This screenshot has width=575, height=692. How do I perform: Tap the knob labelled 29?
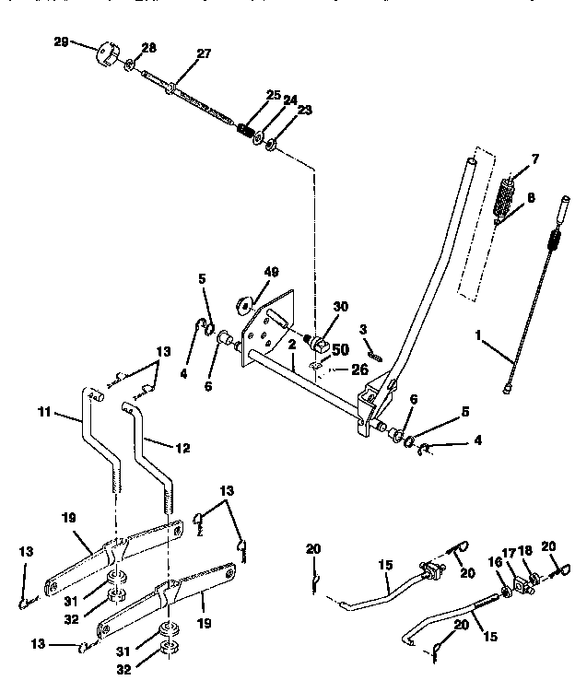[110, 53]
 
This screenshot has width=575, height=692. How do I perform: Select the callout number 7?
[535, 158]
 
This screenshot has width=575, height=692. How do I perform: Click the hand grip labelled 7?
[505, 196]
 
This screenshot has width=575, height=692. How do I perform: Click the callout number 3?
[364, 329]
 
